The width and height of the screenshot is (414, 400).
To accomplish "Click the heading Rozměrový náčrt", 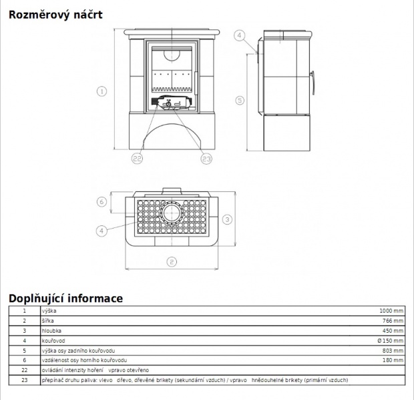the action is coord(55,15).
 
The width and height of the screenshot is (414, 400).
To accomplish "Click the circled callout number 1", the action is coord(101,91).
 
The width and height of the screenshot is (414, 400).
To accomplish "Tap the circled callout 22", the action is coord(137,159).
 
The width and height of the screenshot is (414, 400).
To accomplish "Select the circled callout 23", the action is coord(206,159).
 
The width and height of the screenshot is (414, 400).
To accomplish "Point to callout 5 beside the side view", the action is coord(240,100).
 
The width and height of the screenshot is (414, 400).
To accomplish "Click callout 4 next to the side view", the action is coord(240,35).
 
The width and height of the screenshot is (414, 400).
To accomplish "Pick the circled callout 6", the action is coord(101,202).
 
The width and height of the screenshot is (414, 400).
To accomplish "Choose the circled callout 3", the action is coord(227,219).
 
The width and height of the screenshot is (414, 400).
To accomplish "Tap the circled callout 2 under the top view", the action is coord(172,262).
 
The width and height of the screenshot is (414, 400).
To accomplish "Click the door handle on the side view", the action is coord(313,83).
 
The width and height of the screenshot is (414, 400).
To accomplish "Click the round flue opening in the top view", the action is coord(172,213).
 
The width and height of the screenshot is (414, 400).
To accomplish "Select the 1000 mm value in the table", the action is coord(391,311).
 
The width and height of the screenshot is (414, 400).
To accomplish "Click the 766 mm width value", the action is coord(393,321).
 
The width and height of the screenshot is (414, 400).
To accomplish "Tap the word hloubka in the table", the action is coord(51,331).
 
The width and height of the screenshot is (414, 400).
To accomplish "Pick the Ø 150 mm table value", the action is coord(391,341).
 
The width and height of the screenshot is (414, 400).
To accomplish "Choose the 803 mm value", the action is coord(393,351).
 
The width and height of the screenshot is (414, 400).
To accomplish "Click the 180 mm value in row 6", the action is coord(393,360).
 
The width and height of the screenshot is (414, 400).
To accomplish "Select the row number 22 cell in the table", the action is coord(25,370).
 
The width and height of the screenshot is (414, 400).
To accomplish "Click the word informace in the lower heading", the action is coord(95,299).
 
